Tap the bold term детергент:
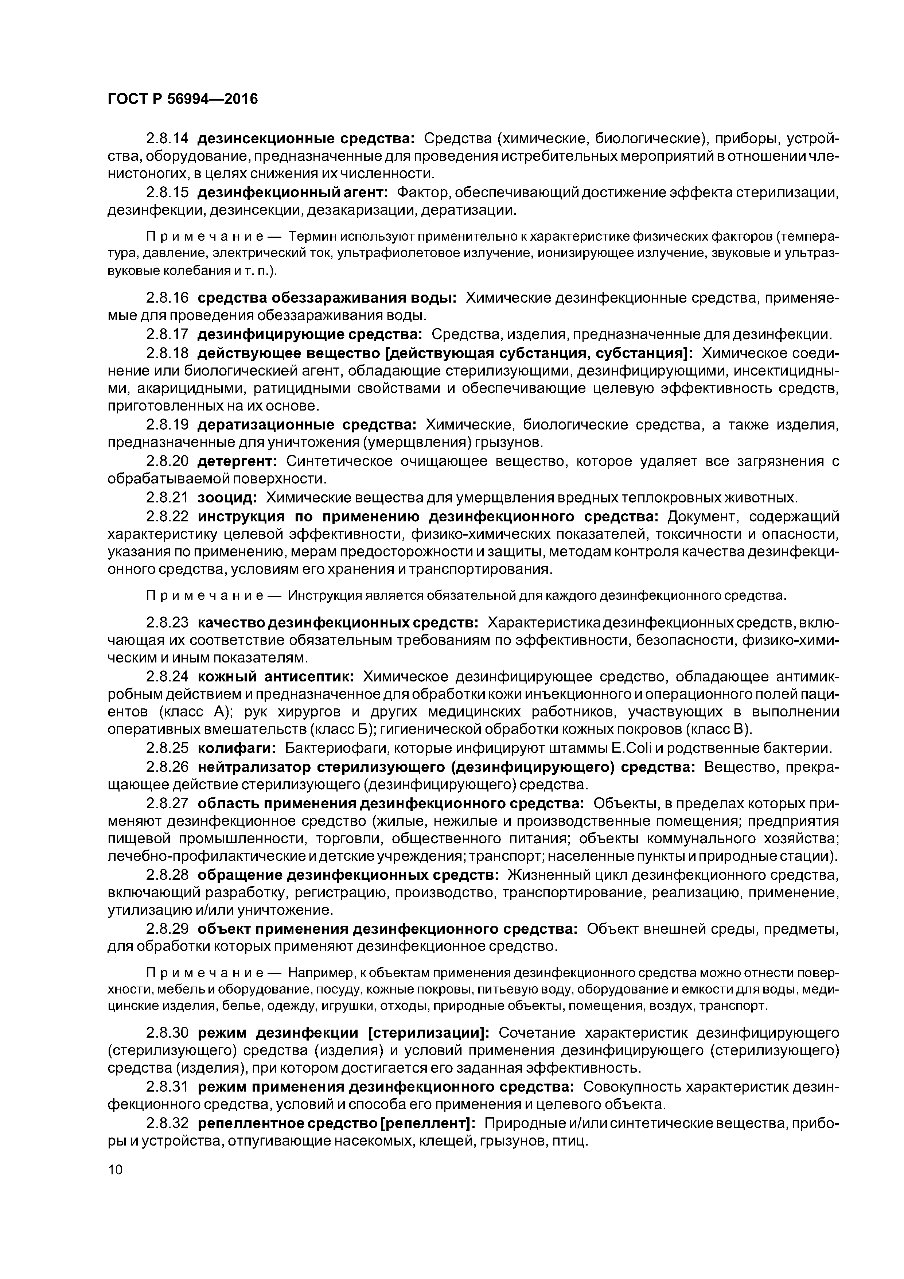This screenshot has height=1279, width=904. click(237, 461)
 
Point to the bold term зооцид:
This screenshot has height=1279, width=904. click(227, 497)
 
